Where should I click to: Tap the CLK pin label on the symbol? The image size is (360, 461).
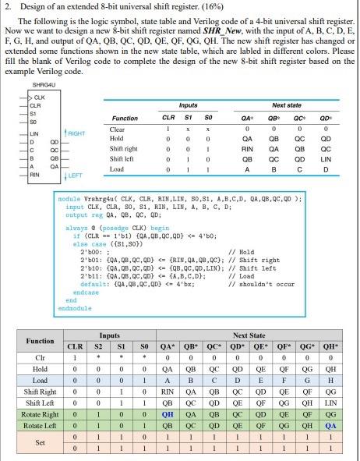(37, 97)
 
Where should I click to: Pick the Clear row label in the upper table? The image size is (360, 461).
(118, 129)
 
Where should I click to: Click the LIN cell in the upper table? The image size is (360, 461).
(325, 158)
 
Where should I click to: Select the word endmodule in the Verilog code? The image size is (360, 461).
(75, 308)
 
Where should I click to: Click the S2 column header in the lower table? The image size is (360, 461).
(98, 347)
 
